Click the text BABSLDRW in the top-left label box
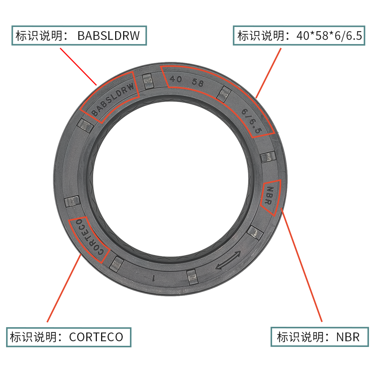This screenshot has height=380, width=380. pos(109,36)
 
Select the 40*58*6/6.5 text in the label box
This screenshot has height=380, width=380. pos(329,36)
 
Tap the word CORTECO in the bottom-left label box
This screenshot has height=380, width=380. pos(96,337)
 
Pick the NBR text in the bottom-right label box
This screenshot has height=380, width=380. pos(348,337)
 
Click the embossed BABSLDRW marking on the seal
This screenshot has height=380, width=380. pos(113,99)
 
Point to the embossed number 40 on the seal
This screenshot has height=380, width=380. pos(176,79)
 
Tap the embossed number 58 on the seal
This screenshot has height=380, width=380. pos(198,82)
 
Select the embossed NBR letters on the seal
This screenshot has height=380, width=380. pos(269,195)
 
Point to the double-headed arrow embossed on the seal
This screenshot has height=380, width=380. pos(228,260)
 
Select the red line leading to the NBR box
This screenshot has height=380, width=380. pos(301,265)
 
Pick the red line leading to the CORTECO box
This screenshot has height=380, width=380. pos(64,288)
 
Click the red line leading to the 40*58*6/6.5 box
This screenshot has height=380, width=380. pos(269,73)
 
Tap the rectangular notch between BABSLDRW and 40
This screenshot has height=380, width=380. pos(147,81)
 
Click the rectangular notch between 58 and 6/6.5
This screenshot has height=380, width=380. pos(223,94)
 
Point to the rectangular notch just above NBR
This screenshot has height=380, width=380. pos(268,157)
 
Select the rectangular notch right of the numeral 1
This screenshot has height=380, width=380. pos(192,277)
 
